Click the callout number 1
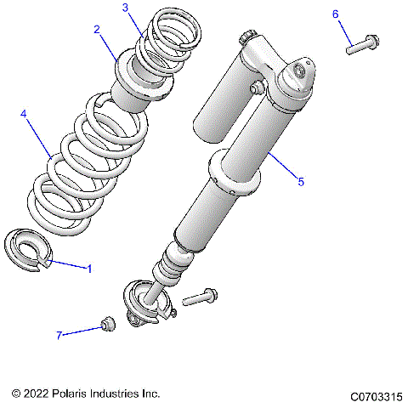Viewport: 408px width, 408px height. [88, 269]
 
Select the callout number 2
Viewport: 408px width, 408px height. [98, 29]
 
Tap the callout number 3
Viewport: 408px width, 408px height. [125, 8]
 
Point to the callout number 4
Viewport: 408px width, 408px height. [24, 113]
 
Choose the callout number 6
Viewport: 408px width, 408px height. [335, 14]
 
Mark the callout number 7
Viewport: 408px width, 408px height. [60, 335]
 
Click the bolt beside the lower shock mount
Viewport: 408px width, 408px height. [201, 297]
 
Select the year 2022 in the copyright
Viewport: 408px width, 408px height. [37, 394]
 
